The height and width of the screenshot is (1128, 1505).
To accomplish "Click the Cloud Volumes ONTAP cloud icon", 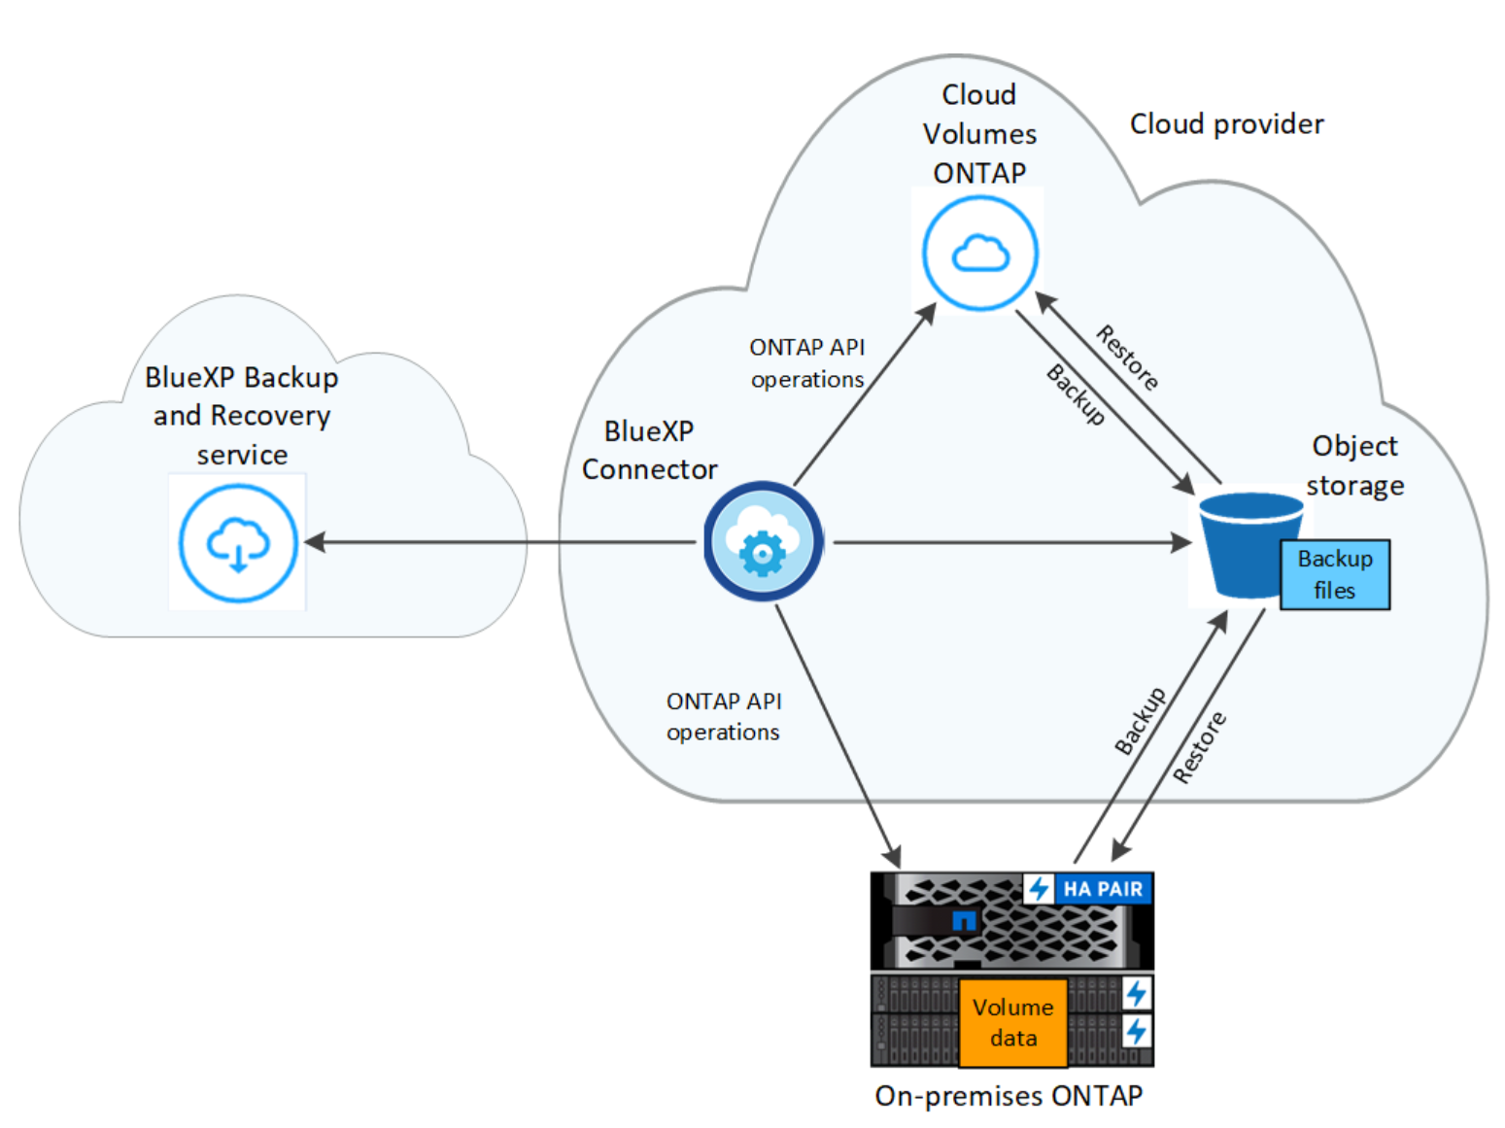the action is [x=979, y=253].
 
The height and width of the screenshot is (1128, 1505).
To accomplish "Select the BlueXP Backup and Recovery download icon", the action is [x=238, y=543].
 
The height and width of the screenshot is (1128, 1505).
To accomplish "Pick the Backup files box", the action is [x=1335, y=574].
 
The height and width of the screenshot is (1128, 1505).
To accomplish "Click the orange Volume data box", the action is [x=1012, y=1022].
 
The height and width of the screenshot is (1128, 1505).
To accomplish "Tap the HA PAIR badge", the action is [x=1087, y=889].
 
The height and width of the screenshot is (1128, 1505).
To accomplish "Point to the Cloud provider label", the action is [x=1226, y=124].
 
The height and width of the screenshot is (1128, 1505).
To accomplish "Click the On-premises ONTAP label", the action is [x=1009, y=1096].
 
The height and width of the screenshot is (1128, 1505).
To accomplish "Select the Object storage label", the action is [x=1354, y=465].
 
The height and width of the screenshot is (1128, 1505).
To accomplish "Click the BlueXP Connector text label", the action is [x=649, y=450].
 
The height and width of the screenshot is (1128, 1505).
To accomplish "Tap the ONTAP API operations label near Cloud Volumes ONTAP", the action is [x=807, y=363].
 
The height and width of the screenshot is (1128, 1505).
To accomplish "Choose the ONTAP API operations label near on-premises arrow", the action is [x=724, y=716].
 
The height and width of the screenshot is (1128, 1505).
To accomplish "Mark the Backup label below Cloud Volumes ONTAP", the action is [x=1077, y=394].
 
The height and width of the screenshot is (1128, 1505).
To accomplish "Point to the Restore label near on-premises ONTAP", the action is [x=1199, y=747].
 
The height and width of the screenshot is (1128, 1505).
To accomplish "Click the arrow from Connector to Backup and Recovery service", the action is [x=499, y=542].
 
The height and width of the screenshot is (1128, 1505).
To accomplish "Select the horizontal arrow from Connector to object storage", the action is [x=1013, y=543].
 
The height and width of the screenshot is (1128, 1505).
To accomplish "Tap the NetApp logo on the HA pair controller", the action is [x=964, y=920].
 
